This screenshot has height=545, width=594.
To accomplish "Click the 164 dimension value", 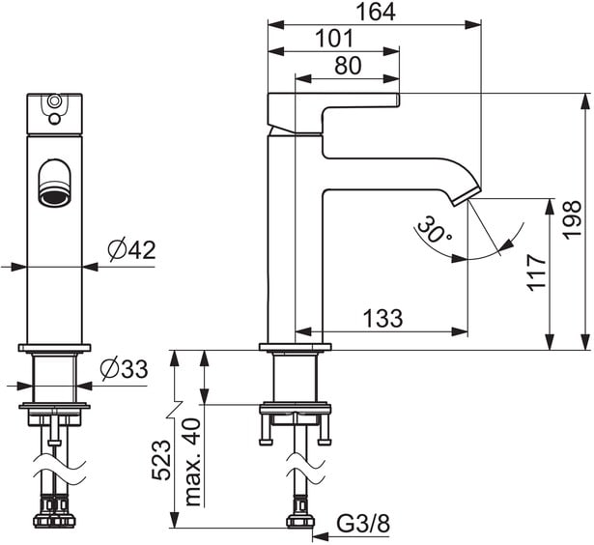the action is (376, 12).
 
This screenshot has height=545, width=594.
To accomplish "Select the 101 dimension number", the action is (334, 39).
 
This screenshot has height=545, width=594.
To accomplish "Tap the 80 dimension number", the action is (348, 65).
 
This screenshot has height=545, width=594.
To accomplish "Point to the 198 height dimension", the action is (572, 219).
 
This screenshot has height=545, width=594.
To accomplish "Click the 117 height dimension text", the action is (536, 272).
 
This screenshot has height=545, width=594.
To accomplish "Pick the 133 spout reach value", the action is (382, 318).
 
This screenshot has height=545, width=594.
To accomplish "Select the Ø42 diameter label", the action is (131, 249).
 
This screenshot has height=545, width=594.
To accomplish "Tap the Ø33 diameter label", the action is (124, 368).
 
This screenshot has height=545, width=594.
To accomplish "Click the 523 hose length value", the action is (161, 460).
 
